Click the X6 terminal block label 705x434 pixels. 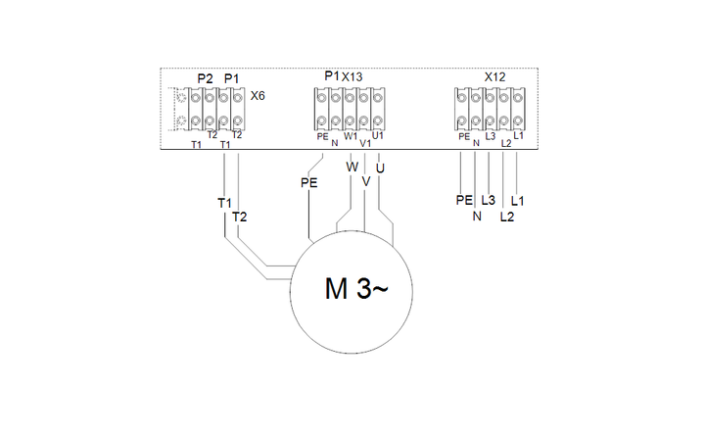[x=258, y=96]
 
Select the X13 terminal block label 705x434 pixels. [x=352, y=77]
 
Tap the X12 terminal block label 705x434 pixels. [x=494, y=77]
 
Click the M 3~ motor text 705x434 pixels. [x=355, y=288]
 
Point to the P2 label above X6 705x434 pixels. [x=205, y=78]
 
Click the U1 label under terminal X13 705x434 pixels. [x=378, y=135]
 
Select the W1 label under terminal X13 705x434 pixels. [x=351, y=135]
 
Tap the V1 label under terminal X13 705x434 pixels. [x=365, y=143]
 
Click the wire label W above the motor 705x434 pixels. [x=352, y=168]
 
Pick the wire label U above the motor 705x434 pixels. [x=380, y=169]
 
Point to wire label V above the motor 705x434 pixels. [x=366, y=181]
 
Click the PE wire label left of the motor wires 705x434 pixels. [x=308, y=183]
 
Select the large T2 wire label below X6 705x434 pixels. [x=240, y=217]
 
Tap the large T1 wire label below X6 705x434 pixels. [x=224, y=203]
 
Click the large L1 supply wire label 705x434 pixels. [x=518, y=201]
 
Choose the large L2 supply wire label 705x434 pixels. [x=507, y=217]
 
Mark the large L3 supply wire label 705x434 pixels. [x=488, y=200]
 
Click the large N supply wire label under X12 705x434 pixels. [x=477, y=217]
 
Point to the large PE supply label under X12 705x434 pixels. [x=464, y=200]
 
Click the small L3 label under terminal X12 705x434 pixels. [x=491, y=136]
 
